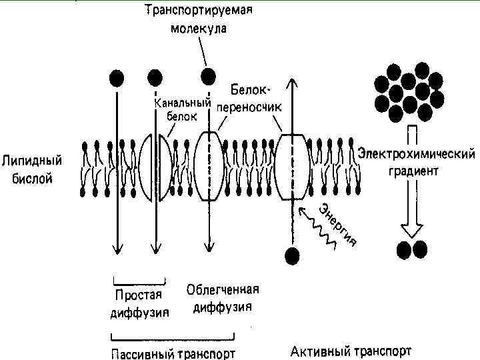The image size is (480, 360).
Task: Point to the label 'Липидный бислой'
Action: [32, 170]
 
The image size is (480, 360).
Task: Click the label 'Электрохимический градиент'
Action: [416, 162]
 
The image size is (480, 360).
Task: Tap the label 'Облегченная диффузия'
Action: [223, 298]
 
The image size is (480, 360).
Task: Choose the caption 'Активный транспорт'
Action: [351, 350]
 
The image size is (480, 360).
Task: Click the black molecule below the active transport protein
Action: [291, 254]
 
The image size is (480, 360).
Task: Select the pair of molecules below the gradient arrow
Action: [411, 249]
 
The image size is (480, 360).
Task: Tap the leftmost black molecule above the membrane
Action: [117, 78]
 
